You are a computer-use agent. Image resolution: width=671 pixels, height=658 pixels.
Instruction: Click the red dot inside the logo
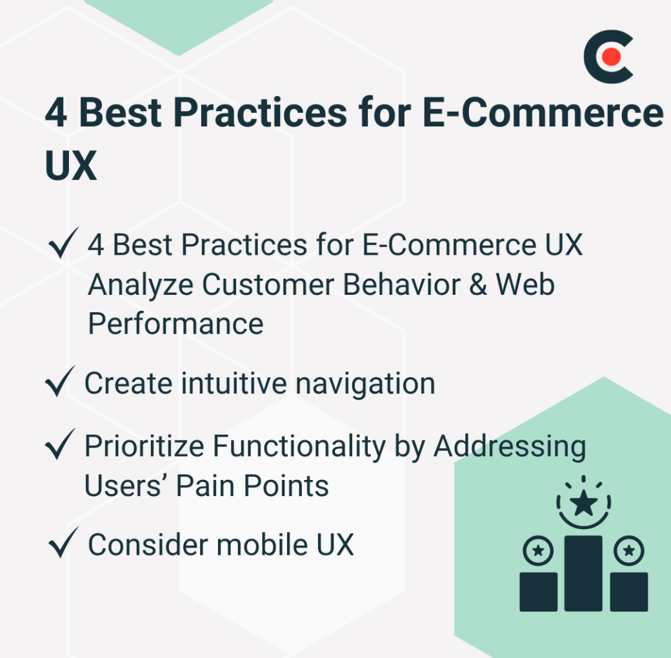611,57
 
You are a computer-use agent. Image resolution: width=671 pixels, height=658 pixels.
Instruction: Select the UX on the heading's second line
71,164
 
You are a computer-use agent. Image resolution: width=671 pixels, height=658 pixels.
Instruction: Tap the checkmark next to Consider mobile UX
63,544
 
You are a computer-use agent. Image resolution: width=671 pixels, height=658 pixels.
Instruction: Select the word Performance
175,323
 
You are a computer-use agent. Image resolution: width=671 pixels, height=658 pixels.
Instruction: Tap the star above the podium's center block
583,503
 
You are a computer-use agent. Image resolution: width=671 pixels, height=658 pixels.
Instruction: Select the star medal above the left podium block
538,550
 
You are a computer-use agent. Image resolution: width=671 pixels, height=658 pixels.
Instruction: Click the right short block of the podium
628,591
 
